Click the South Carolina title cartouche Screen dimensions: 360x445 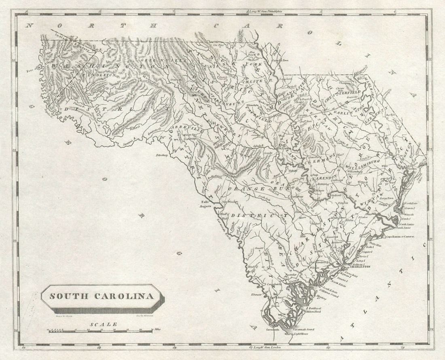pos(102,296)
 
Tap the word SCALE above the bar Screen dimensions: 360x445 pos(104,324)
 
